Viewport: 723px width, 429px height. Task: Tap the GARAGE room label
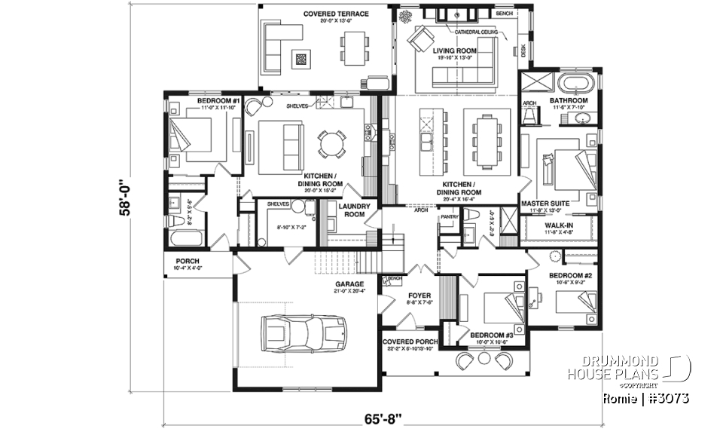[349, 284]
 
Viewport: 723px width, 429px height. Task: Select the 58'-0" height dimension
[125, 197]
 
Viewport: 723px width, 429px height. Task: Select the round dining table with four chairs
[331, 143]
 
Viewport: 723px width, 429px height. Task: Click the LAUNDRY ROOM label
[352, 210]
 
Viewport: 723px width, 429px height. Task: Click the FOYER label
[419, 296]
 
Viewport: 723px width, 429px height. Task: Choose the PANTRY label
[449, 216]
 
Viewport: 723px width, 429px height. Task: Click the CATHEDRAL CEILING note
[476, 32]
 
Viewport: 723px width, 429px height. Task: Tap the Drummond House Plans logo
[640, 367]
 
